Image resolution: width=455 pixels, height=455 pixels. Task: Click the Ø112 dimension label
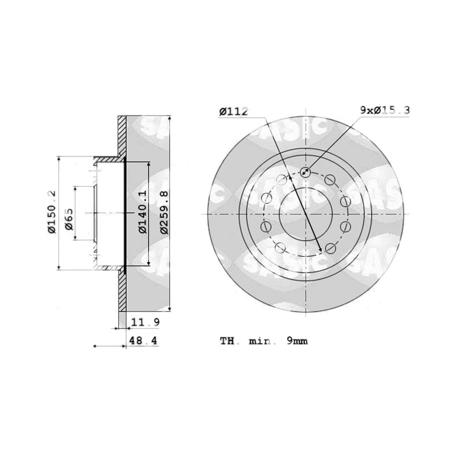234,111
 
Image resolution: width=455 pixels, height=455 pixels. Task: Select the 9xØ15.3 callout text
385,110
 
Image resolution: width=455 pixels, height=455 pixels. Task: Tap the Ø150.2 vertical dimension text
52,212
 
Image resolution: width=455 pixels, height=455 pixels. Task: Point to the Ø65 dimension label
69,219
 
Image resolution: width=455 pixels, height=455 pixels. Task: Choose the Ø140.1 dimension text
143,212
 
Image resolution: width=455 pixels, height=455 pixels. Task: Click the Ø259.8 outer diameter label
164,212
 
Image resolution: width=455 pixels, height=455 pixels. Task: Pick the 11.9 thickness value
146,322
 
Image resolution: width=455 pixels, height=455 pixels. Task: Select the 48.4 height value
143,340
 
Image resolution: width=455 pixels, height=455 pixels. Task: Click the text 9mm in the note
297,341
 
